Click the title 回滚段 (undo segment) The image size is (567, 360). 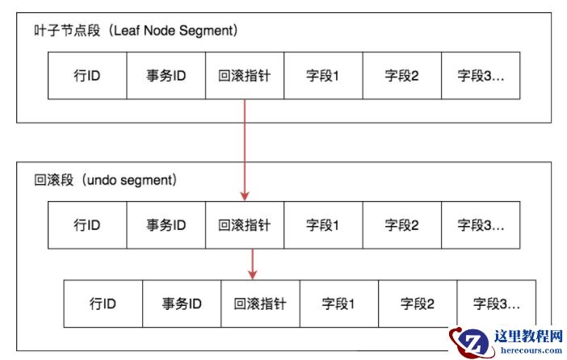(x=100, y=179)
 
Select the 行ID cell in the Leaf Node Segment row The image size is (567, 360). (x=87, y=77)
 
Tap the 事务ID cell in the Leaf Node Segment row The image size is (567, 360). (x=166, y=77)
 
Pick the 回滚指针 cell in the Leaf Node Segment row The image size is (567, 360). (x=244, y=77)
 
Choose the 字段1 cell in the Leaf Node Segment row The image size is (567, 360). (x=322, y=77)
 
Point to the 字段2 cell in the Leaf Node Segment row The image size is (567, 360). (x=401, y=77)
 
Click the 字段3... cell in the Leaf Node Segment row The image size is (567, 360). (x=481, y=77)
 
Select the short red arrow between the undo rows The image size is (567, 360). (x=253, y=263)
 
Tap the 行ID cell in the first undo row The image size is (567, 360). (x=87, y=224)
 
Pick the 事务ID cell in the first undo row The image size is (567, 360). (x=166, y=224)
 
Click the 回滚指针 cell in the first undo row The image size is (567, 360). (x=244, y=224)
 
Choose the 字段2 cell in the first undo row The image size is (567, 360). (x=401, y=224)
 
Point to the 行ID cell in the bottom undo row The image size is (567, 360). (x=103, y=303)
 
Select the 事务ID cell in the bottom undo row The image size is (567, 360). (x=182, y=303)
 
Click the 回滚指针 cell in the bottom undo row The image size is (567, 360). (x=260, y=303)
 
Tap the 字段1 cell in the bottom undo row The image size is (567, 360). (x=338, y=303)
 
